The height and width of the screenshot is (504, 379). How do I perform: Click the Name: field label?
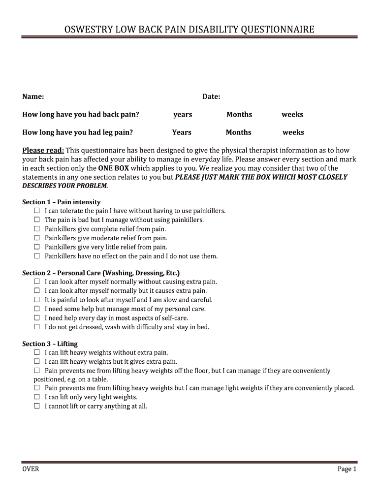coord(33,96)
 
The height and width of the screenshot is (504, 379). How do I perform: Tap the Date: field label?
coord(211,96)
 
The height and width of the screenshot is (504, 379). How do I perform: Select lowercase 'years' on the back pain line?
coord(183,115)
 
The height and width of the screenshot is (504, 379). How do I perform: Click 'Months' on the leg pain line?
coord(238,132)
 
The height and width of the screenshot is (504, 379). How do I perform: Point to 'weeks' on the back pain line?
coord(292,115)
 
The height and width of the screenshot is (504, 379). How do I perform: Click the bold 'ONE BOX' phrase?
coord(114,168)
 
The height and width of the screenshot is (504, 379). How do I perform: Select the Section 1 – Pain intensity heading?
coord(61,202)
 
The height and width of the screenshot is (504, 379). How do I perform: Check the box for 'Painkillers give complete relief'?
coord(37,229)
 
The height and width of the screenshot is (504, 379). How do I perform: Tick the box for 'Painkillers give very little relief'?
coord(37,247)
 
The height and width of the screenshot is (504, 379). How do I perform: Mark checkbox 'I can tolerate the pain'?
coord(37,211)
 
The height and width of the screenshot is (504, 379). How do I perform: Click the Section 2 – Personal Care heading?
coord(101,273)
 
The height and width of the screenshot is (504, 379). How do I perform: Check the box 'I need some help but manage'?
coord(37,309)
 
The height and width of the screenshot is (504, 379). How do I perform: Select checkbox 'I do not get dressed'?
coord(37,327)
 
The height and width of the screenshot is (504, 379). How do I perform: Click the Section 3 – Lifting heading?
coord(50,344)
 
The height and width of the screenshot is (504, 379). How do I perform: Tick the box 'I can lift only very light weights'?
coord(37,397)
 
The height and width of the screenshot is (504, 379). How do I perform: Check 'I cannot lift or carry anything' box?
coord(37,406)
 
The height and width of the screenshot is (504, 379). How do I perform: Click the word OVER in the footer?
coord(31,469)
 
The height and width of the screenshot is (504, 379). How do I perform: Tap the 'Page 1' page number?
coord(347,469)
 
